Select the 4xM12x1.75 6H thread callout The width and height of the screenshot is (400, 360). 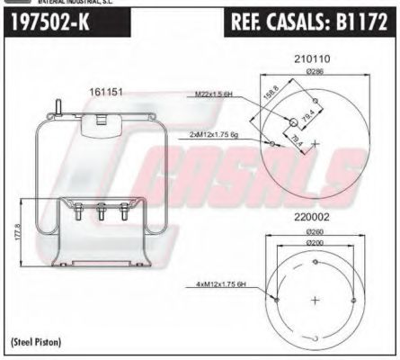(219, 285)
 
